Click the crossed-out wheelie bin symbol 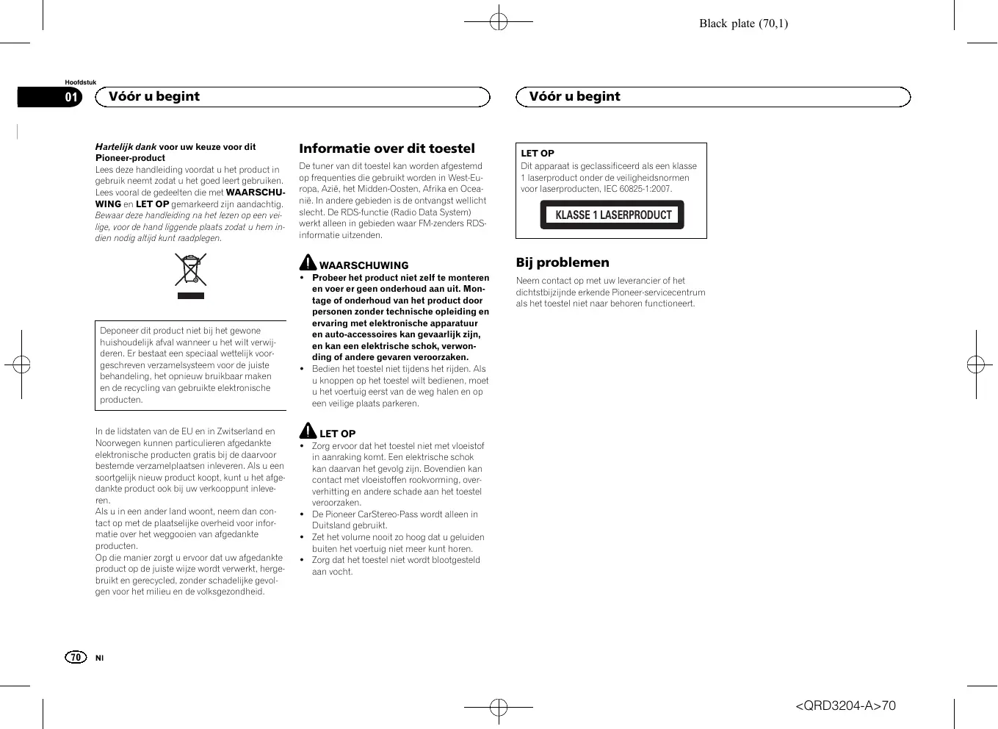pos(191,270)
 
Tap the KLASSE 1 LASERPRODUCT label pos(612,215)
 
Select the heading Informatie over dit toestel pos(386,148)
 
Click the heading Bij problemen pos(563,262)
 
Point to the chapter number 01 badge pos(71,97)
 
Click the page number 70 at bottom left pos(76,657)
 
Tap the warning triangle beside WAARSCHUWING pos(308,262)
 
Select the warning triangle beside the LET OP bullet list pos(308,431)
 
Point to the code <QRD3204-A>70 pos(845,706)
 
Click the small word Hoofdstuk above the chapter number pos(80,82)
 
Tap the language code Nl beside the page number pos(99,658)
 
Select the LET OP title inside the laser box pos(538,154)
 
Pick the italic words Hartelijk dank pos(126,147)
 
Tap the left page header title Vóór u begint pos(154,97)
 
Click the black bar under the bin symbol pos(191,295)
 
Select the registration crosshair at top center pos(499,22)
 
